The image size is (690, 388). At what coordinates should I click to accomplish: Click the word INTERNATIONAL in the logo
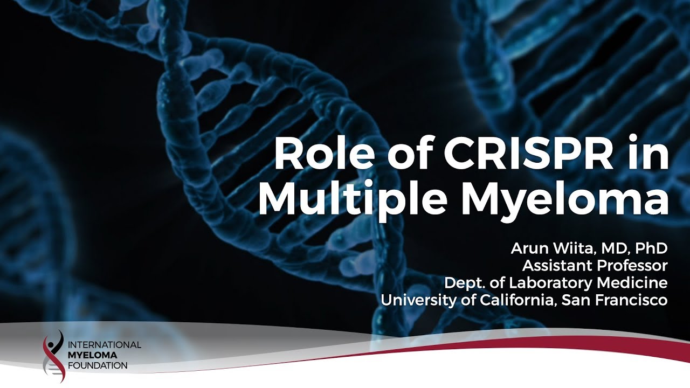pos(105,344)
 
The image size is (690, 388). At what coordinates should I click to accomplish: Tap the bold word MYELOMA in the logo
pos(92,355)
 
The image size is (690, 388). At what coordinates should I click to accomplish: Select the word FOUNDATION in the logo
pos(98,366)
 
